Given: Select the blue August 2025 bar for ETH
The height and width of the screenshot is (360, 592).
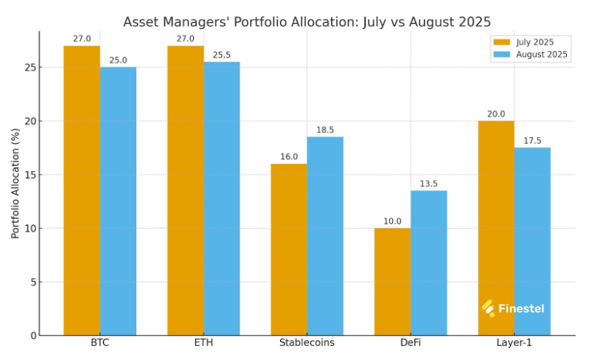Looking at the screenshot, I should click(221, 198).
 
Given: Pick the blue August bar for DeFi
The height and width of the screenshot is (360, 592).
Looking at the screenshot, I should click(428, 263).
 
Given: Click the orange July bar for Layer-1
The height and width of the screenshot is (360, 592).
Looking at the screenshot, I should click(496, 228).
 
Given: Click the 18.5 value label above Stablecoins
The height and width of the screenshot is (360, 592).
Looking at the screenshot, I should click(325, 130).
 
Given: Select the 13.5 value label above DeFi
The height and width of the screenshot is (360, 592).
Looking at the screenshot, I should click(428, 184).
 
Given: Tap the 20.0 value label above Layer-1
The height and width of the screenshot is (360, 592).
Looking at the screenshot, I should click(496, 114).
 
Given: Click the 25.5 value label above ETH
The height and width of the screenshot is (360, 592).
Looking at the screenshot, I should click(221, 55).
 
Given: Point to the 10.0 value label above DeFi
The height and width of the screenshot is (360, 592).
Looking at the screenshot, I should click(392, 221).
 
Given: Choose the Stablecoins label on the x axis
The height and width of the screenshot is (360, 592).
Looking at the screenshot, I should click(307, 343).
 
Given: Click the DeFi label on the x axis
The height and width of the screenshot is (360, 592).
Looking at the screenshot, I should click(411, 343).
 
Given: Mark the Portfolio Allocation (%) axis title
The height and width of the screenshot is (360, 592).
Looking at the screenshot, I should click(15, 183).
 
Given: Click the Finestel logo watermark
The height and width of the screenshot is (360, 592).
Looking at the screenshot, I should click(513, 308).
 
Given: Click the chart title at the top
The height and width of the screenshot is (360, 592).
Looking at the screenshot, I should click(307, 21).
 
